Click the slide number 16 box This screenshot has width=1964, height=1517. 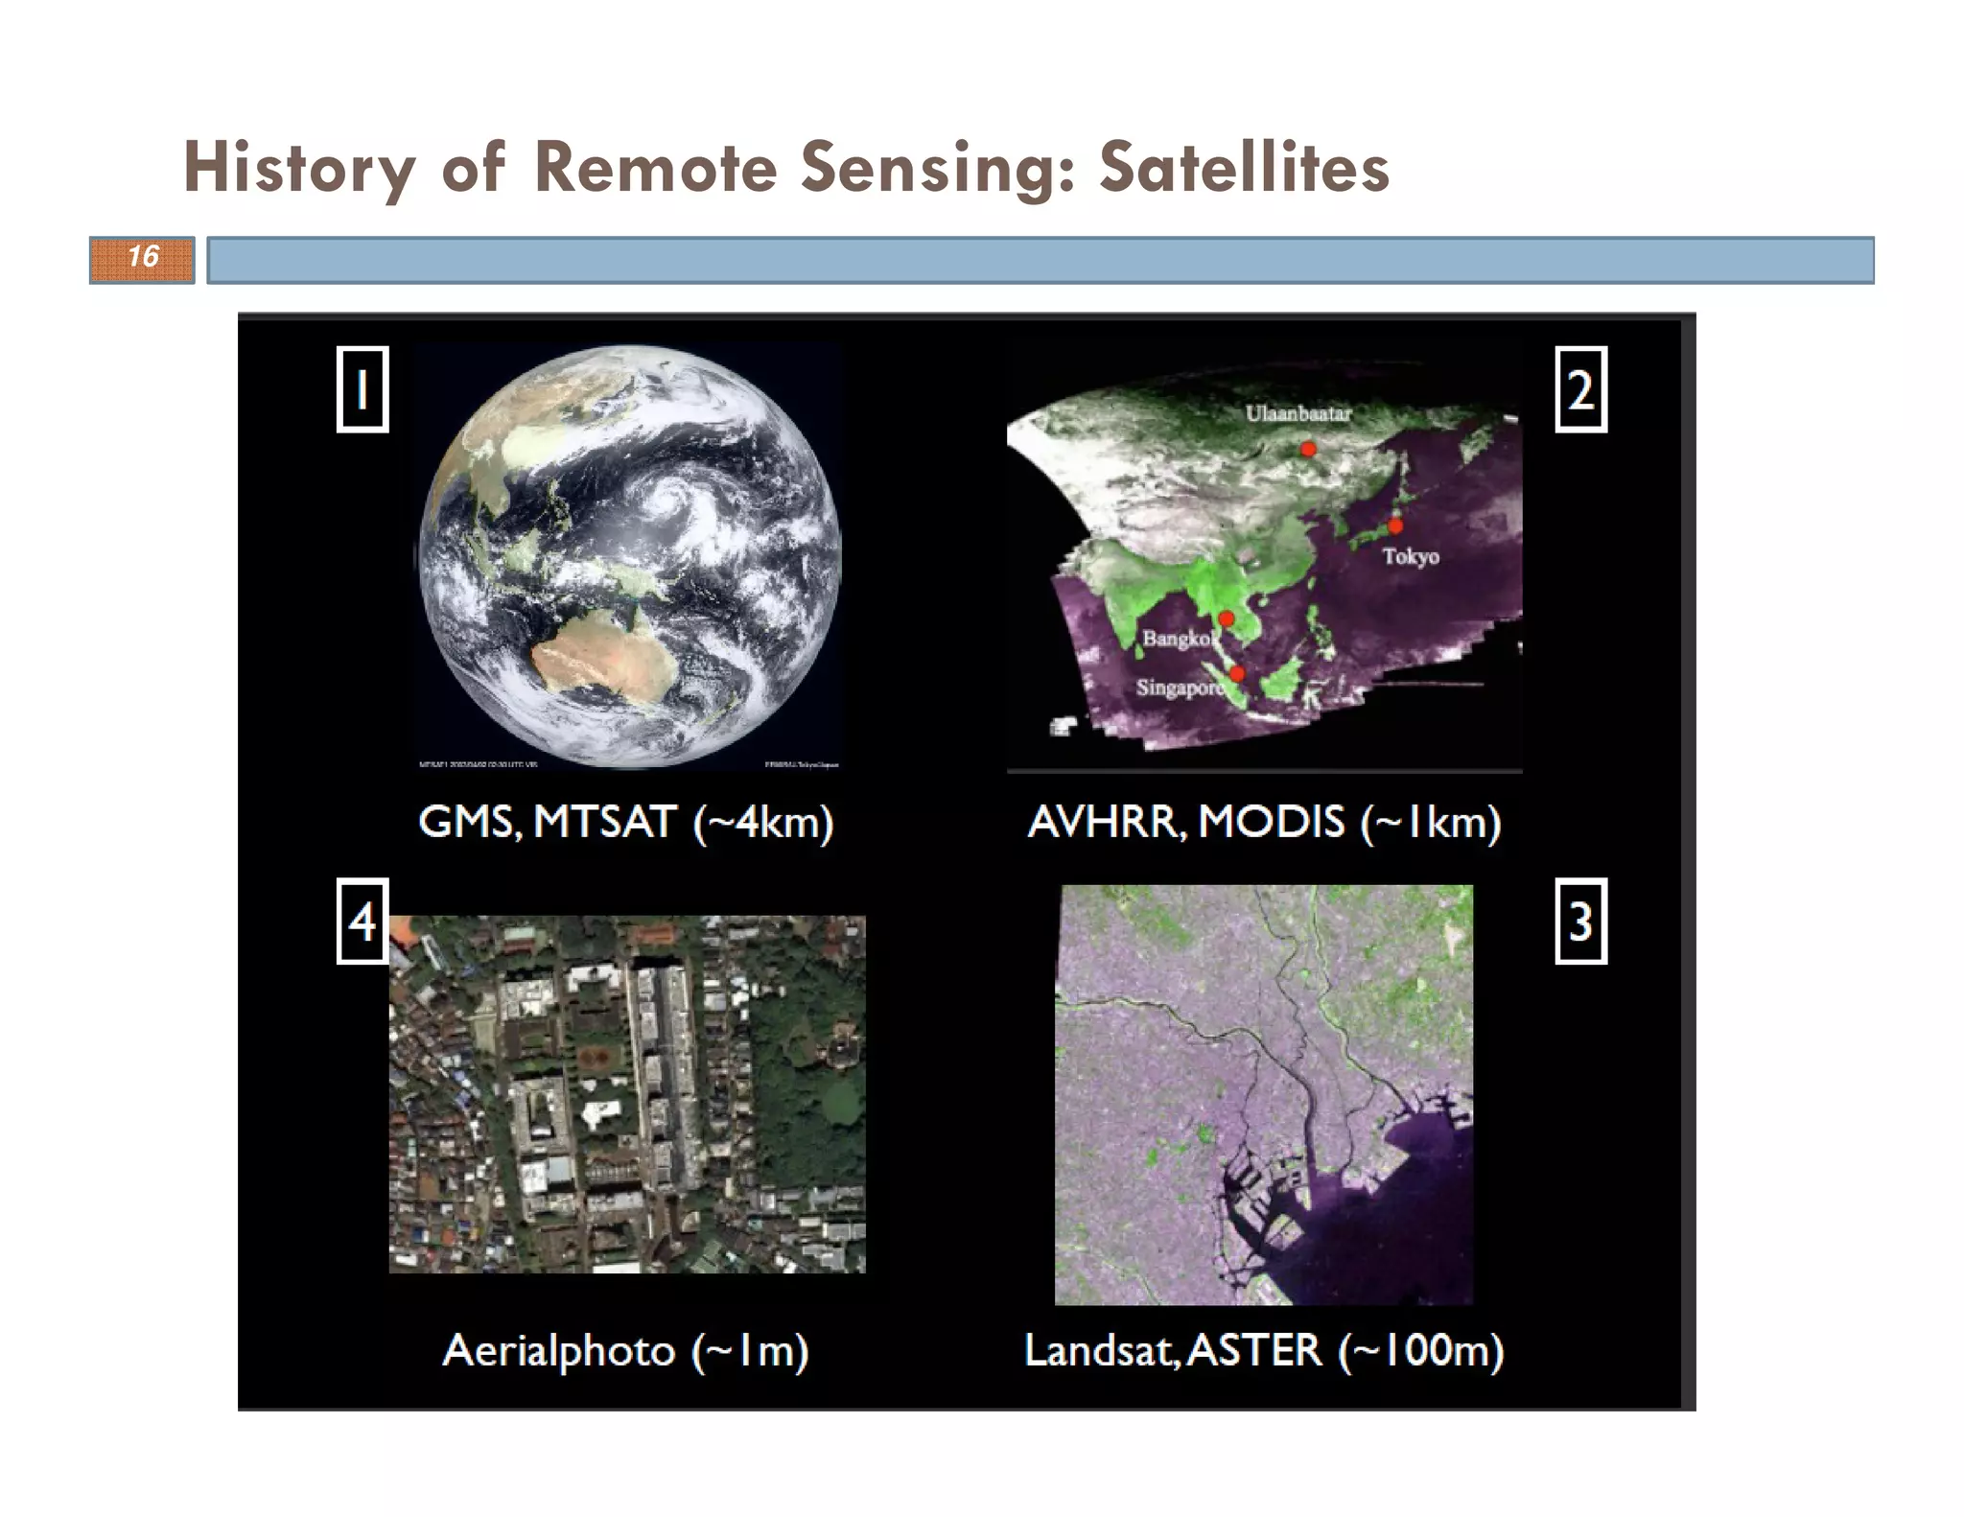142,259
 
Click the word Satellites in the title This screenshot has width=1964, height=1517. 1243,167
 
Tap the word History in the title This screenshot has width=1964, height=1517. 299,167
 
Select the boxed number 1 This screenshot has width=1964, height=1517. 362,389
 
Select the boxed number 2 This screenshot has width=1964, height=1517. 1580,389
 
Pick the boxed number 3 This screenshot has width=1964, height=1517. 1580,921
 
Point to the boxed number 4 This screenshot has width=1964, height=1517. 362,921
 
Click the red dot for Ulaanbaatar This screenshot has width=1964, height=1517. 1308,448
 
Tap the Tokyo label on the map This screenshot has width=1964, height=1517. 1410,556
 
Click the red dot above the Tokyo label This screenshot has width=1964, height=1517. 1395,525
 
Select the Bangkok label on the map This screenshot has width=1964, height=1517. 1178,639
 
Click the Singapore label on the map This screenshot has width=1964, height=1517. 1180,688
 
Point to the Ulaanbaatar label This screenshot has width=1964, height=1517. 1298,413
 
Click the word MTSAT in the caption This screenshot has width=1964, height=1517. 604,822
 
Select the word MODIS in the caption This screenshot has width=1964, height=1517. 1272,822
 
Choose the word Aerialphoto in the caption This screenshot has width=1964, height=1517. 559,1350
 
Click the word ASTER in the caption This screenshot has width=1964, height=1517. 1254,1350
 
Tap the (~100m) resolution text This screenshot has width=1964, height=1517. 1421,1350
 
